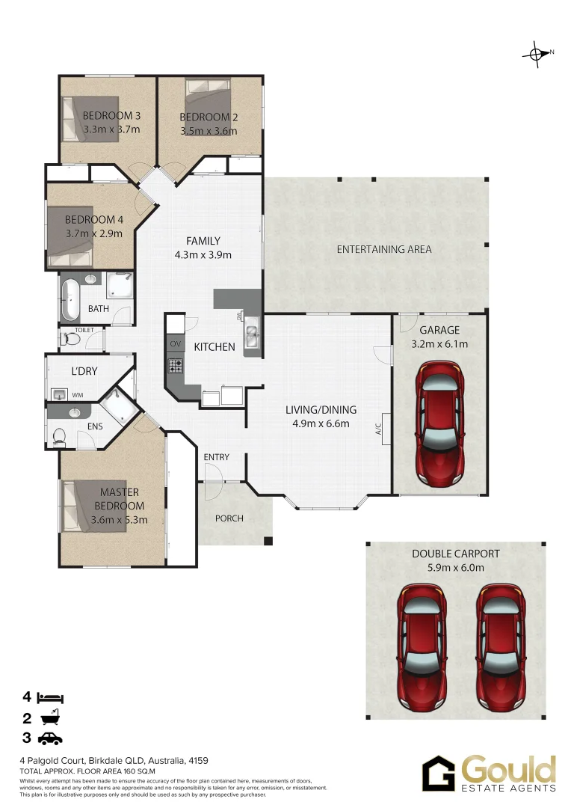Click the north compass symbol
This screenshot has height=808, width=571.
536,53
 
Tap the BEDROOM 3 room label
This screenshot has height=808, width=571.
111,116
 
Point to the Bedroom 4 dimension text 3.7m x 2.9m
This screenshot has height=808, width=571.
94,233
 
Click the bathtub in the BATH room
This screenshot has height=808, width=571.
71,299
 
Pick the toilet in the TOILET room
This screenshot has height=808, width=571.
71,339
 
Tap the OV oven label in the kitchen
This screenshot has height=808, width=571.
176,343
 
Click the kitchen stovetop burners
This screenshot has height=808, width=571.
176,366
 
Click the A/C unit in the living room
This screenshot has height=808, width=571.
386,429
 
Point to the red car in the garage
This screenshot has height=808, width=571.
439,422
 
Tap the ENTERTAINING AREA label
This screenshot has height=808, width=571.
383,249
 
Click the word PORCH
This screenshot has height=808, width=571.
229,518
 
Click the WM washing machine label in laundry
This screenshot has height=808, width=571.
78,394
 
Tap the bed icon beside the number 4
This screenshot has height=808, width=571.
52,698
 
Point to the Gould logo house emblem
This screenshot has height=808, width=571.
438,774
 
